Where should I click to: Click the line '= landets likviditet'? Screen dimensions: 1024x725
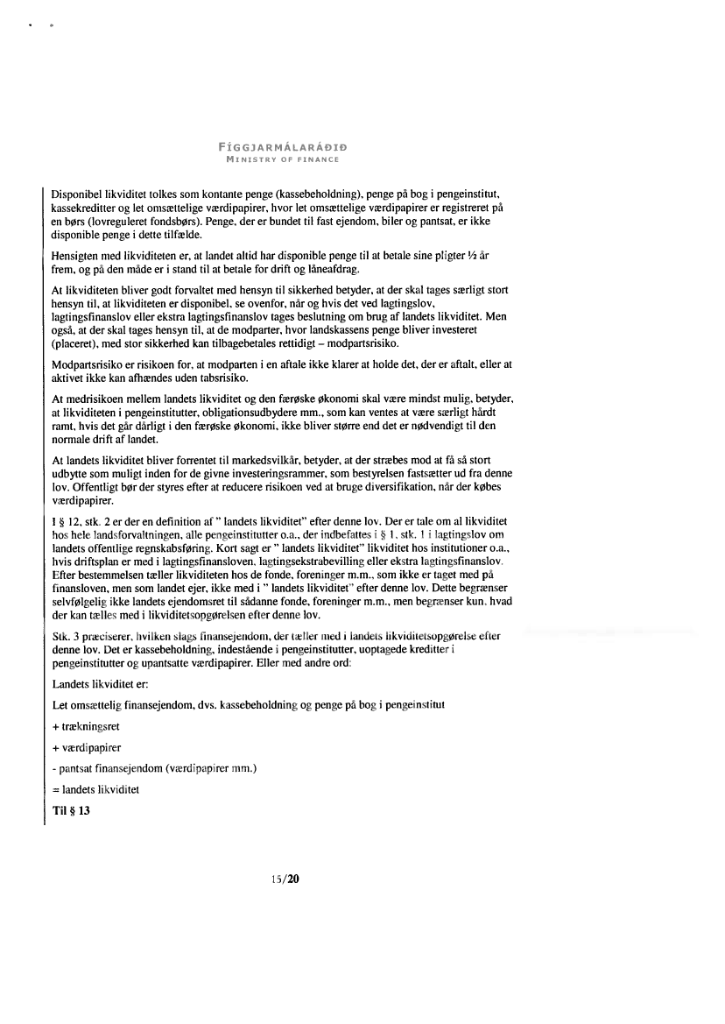tap(97, 788)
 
